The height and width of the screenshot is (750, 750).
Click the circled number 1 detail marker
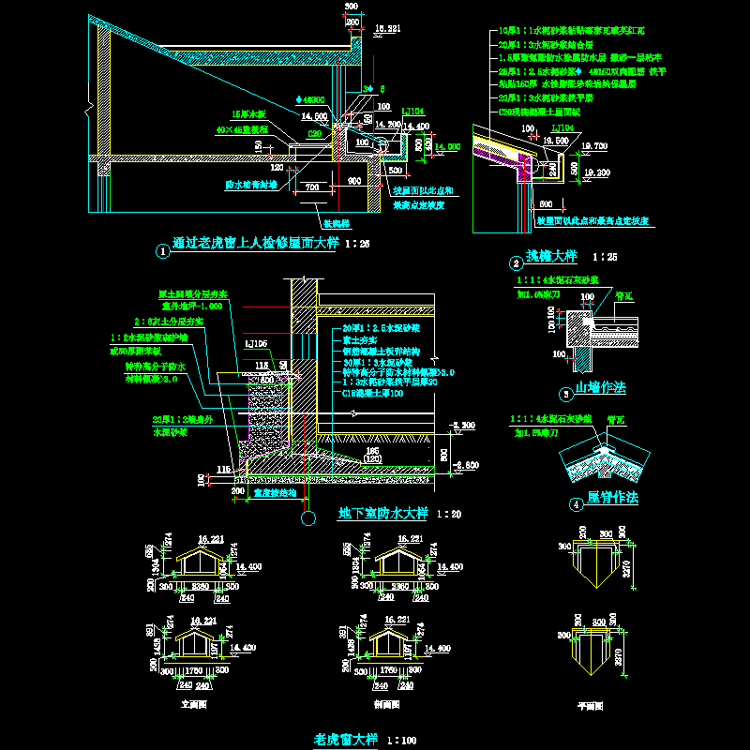163,251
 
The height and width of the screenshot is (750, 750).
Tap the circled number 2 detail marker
515,263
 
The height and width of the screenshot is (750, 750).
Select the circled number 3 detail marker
563,395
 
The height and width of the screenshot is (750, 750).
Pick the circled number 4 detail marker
576,504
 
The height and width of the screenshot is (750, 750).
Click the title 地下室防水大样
382,513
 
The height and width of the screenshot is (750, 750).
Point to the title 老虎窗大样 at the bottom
344,739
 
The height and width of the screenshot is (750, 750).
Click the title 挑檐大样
552,256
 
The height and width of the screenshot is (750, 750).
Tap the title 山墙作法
600,387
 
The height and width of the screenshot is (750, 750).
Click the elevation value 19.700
593,146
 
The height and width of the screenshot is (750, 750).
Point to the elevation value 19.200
594,172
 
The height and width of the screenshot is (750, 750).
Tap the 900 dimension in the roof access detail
353,181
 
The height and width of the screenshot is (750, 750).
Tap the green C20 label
315,134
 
